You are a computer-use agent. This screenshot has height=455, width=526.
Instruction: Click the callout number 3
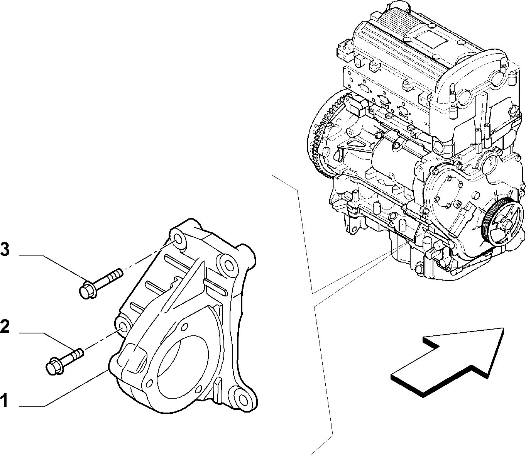click(5, 249)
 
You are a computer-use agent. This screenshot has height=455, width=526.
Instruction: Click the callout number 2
click(5, 326)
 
